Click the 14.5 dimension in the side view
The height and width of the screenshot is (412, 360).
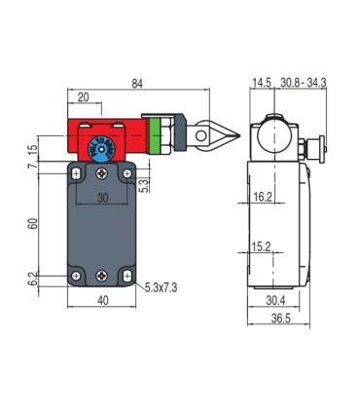[261, 84]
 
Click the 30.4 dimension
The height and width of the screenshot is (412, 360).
[276, 300]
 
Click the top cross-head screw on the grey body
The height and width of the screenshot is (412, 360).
[102, 173]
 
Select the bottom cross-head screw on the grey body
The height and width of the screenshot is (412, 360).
[102, 276]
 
